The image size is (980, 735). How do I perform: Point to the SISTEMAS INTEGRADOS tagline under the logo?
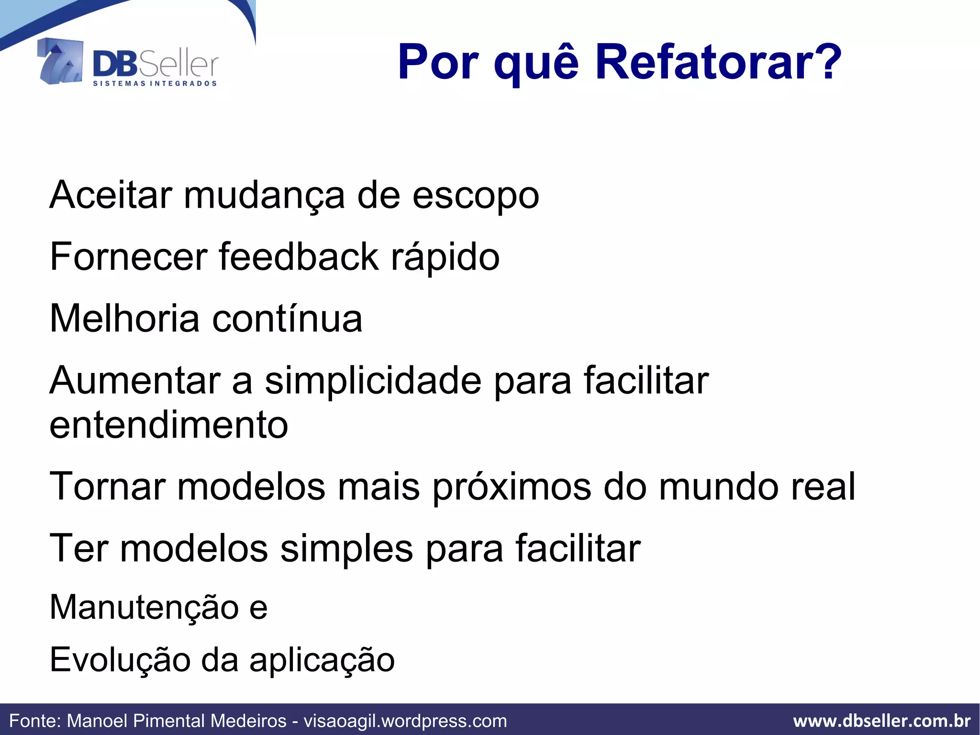click(155, 83)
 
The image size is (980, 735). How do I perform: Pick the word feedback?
click(299, 257)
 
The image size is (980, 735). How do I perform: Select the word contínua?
click(287, 318)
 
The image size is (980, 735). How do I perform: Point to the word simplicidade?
click(373, 381)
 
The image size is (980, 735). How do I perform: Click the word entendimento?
click(168, 425)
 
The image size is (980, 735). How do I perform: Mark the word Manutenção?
click(144, 607)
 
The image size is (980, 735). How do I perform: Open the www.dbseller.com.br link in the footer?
click(882, 721)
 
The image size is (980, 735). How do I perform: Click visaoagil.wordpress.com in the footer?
click(405, 721)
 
